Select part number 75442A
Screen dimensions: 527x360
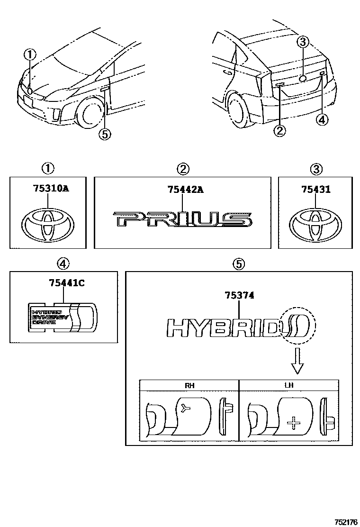[185, 190]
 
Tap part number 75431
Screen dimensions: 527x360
[316, 190]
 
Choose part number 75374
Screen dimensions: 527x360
[239, 295]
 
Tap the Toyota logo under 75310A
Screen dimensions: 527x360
[47, 224]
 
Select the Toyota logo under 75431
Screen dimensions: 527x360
[315, 223]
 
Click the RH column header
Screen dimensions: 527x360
[189, 385]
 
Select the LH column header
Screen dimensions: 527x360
[288, 385]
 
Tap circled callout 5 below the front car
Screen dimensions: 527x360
[104, 135]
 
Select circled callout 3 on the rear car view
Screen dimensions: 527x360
[303, 42]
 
